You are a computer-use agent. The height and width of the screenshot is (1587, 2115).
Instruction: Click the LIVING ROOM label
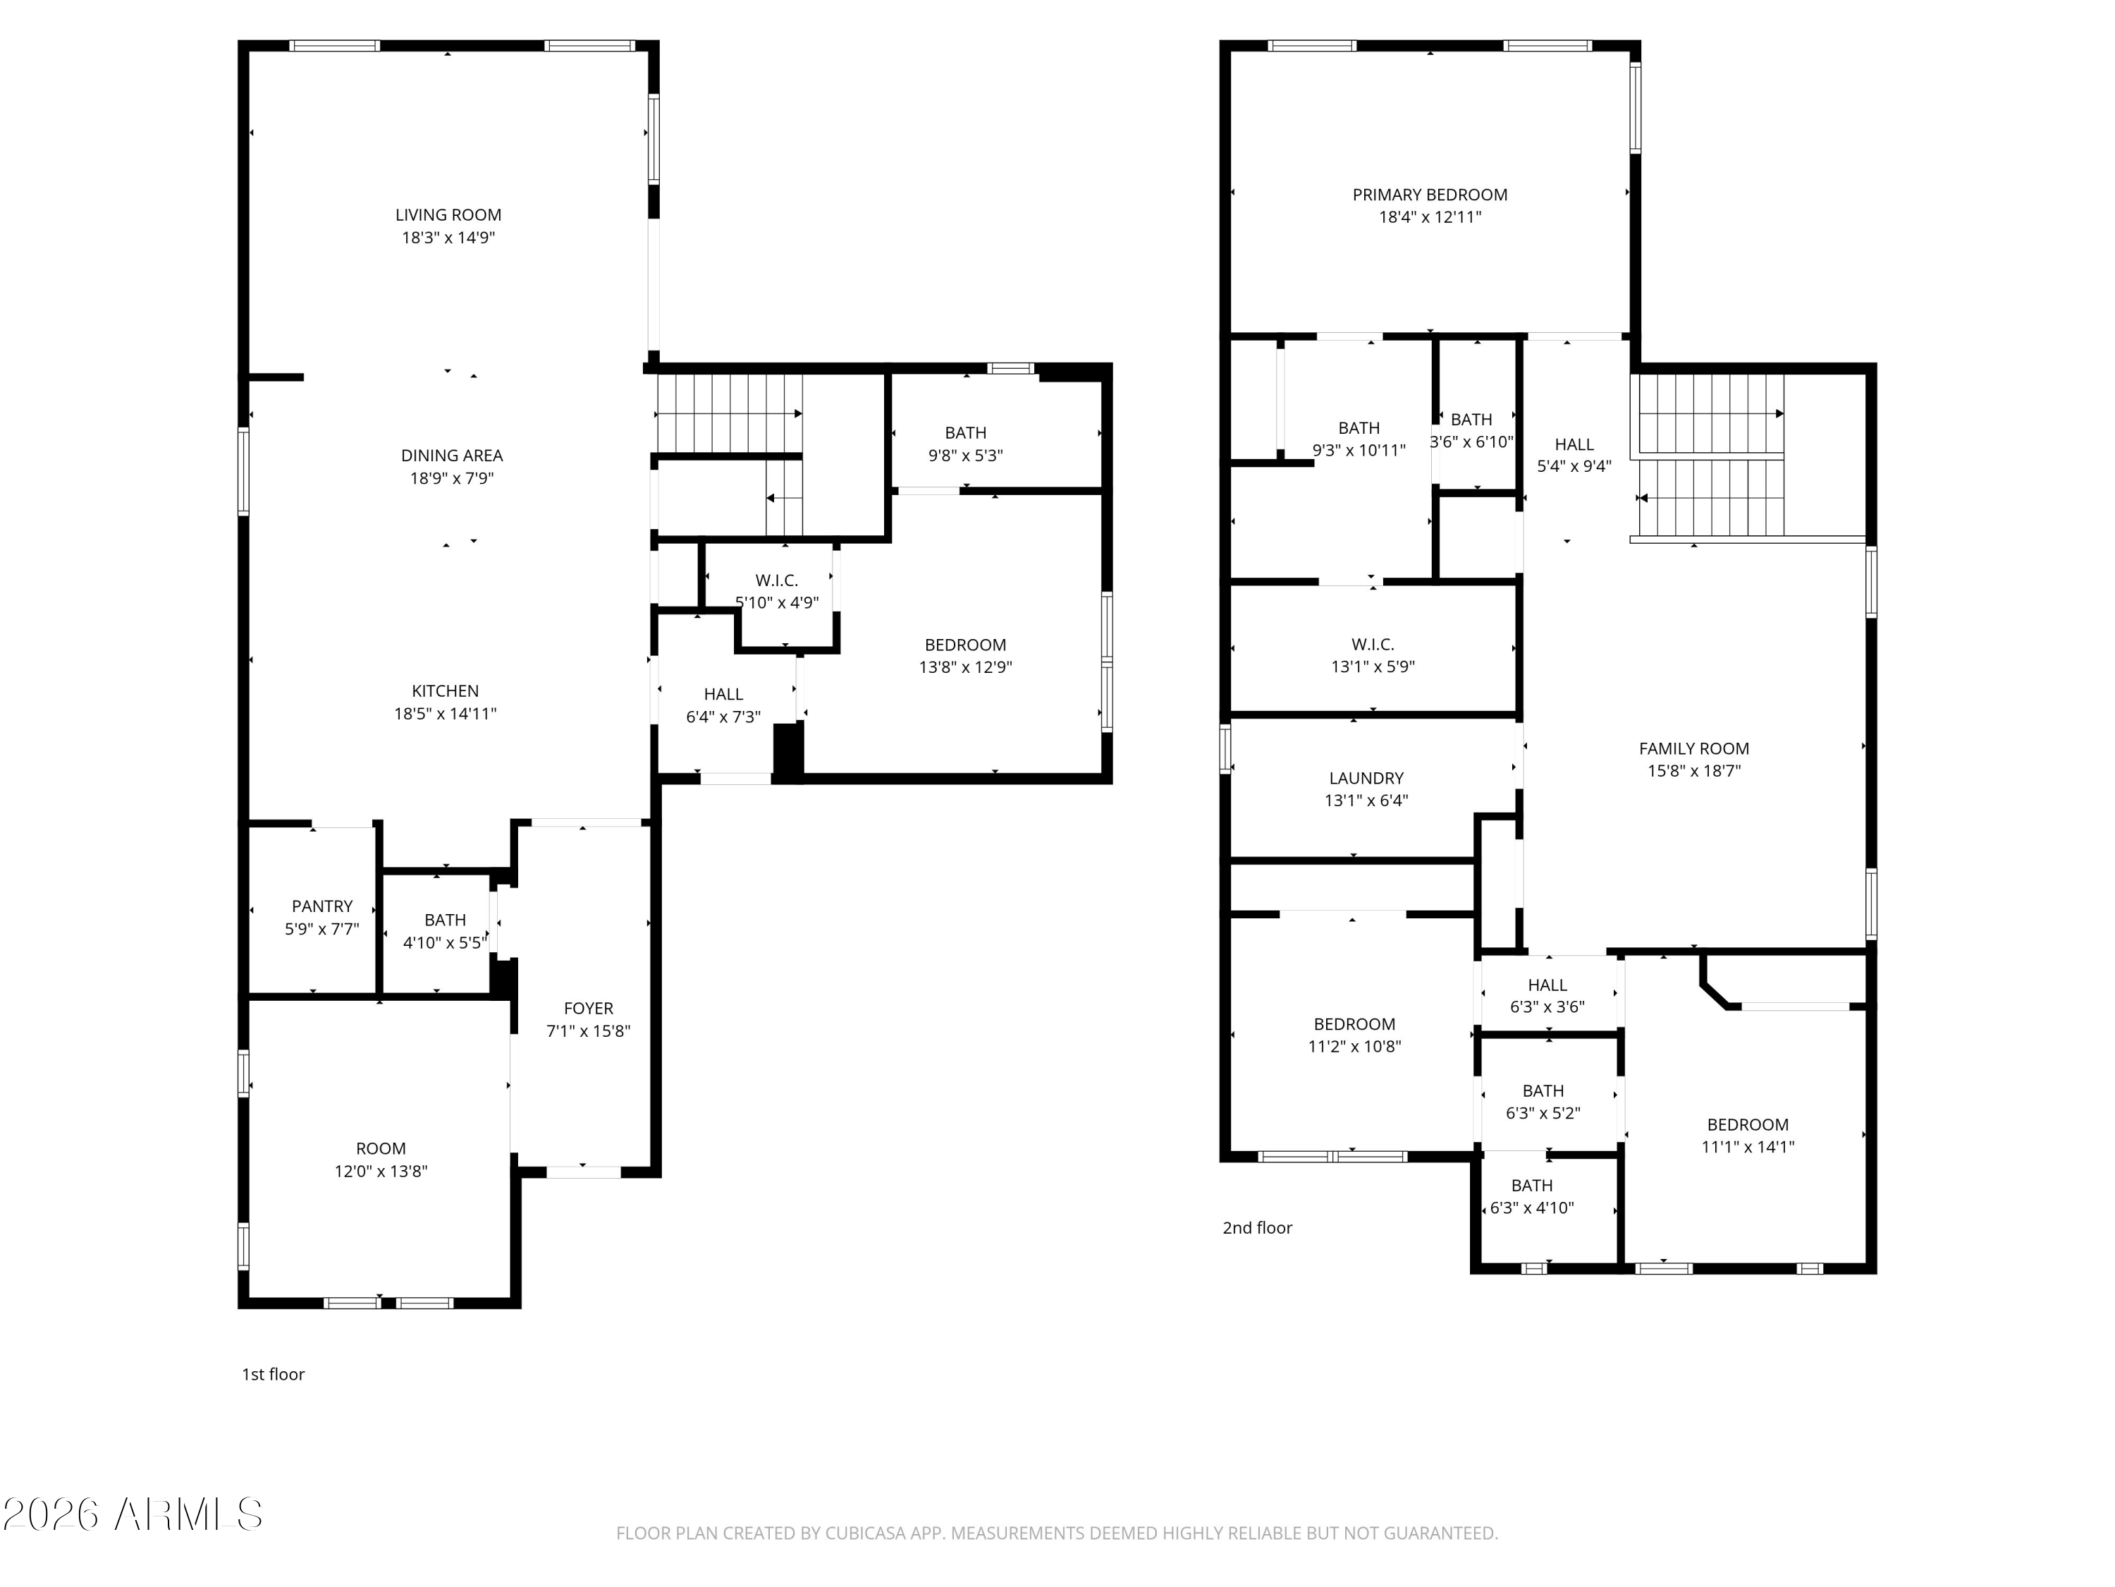448,215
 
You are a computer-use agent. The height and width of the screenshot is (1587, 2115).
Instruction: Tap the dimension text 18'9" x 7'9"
451,478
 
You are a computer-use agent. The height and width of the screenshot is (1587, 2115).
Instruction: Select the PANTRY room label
322,906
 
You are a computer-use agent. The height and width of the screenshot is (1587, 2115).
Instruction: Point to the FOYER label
588,1008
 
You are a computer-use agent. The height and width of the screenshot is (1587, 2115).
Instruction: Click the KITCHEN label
445,691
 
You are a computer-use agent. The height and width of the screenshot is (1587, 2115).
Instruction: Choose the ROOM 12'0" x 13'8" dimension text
381,1171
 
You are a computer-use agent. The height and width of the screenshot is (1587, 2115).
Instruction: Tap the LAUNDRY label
1366,779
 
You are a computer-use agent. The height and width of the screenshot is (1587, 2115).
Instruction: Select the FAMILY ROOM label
1693,749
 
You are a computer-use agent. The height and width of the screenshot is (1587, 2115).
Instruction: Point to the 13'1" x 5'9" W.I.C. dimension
1372,667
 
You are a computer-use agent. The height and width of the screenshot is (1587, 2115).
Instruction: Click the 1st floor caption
273,1375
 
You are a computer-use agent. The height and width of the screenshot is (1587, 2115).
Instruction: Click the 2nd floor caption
1256,1228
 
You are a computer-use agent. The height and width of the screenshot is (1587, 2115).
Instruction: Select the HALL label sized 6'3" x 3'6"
1546,985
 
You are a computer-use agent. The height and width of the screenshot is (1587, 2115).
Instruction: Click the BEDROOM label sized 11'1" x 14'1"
1747,1125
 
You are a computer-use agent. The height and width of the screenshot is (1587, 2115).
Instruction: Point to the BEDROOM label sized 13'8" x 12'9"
964,645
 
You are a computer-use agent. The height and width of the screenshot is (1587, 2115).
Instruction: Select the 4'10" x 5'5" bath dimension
445,942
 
